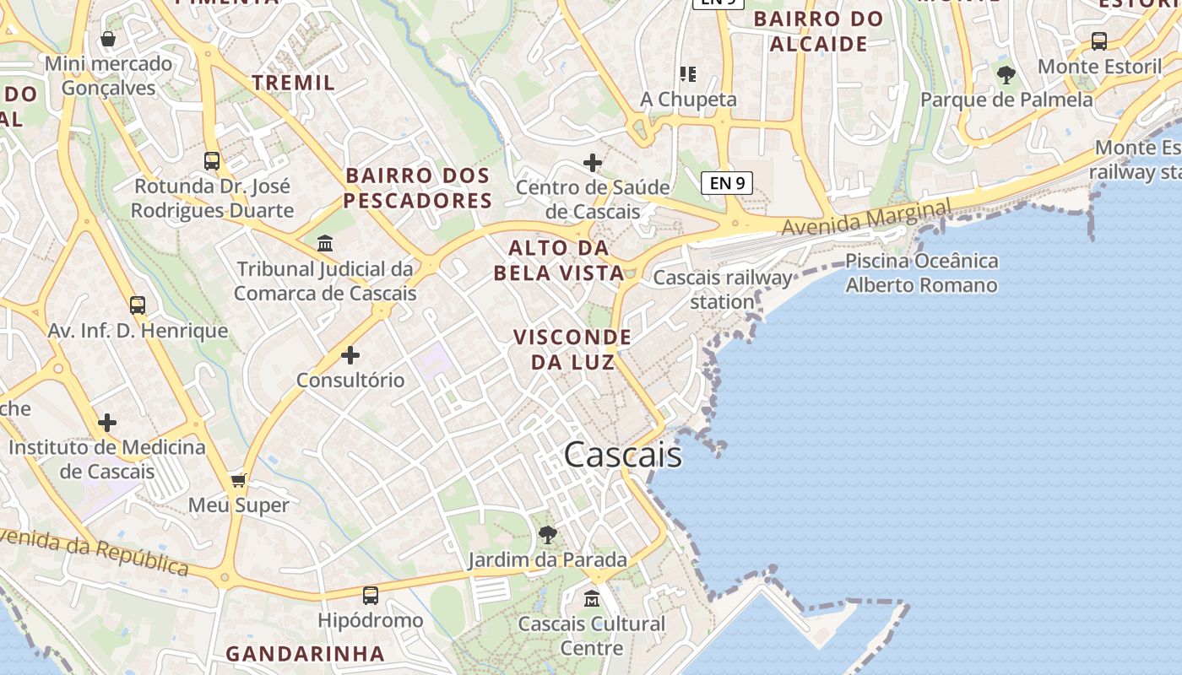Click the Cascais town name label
(622, 455)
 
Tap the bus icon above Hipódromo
(371, 596)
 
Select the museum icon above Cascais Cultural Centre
(592, 599)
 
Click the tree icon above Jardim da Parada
(548, 534)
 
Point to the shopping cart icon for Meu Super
(239, 480)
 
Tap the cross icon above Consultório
(350, 355)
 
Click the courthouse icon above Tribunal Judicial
(325, 244)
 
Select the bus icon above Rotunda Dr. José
(212, 160)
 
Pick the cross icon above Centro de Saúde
(593, 162)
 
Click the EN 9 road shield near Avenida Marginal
(726, 182)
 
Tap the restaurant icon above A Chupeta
(688, 74)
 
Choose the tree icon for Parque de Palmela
(1006, 74)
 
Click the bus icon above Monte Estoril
(1099, 40)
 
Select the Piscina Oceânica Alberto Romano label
(921, 273)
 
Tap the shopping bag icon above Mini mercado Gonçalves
(108, 39)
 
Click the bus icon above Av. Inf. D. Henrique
(138, 305)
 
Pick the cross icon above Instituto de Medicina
(107, 422)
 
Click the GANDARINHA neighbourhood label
(305, 653)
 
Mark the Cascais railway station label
(723, 289)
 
